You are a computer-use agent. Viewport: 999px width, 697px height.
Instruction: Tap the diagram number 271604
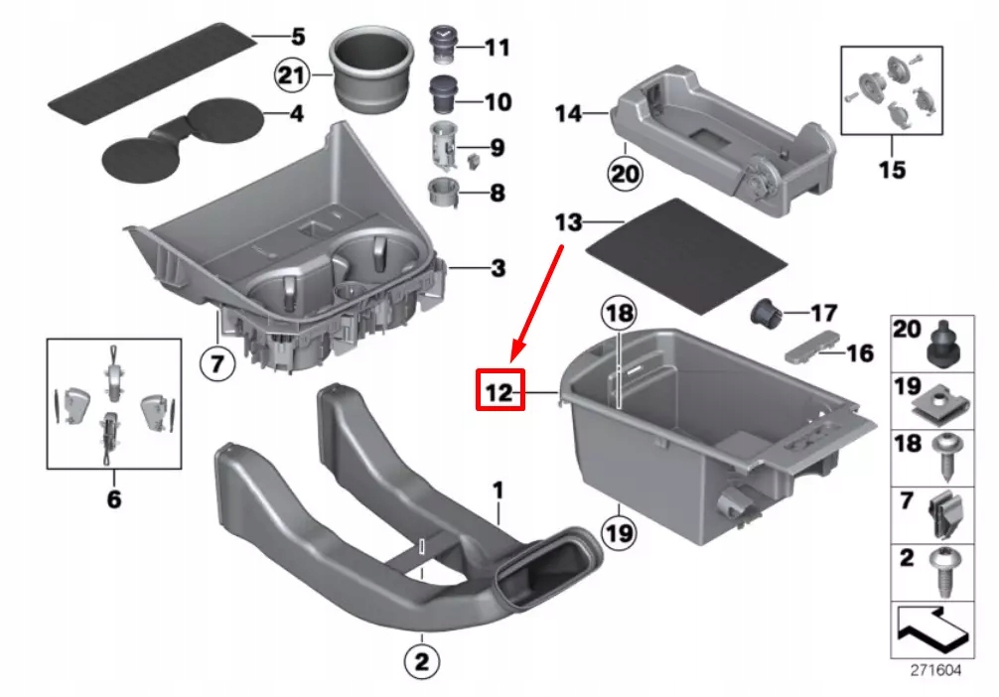point(935,670)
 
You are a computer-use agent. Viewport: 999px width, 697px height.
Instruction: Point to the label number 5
point(297,39)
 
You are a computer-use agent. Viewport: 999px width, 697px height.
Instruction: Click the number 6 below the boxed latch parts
point(113,498)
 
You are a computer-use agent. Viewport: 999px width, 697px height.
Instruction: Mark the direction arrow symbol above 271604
point(932,626)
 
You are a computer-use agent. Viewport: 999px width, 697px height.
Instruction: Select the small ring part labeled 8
point(439,191)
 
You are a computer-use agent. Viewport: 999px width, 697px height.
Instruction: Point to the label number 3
point(497,268)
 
